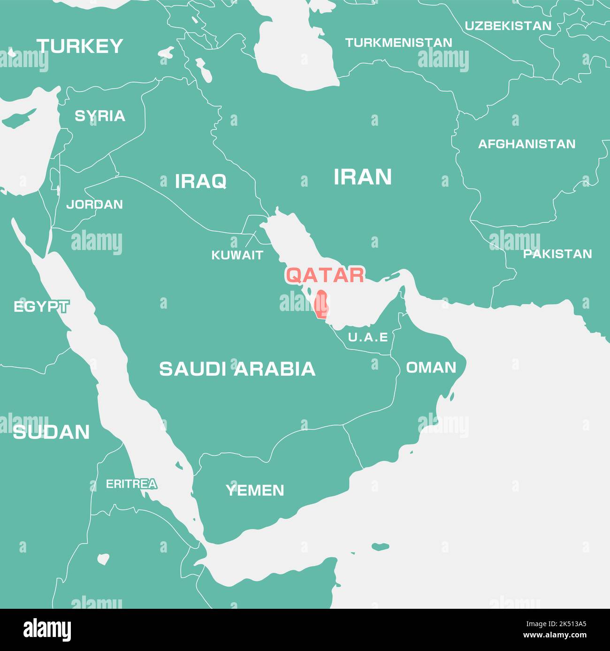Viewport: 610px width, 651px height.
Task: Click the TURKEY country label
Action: (80, 46)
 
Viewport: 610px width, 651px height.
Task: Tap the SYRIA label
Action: (100, 116)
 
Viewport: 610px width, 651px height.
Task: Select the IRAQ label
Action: (200, 181)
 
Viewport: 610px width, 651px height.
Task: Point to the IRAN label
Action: (362, 177)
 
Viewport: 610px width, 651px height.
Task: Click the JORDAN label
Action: (94, 204)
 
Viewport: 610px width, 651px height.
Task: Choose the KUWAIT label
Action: (237, 255)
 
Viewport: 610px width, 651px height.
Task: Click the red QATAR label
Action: (325, 275)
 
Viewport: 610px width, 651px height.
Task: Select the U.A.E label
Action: (368, 337)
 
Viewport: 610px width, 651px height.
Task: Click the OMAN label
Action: (431, 367)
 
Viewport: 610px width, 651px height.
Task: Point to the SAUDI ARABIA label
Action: (237, 369)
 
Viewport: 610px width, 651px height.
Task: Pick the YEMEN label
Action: (255, 491)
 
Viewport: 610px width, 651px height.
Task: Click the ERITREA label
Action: (131, 484)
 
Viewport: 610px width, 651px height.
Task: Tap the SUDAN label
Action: (51, 432)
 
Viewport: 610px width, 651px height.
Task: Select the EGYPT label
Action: (41, 307)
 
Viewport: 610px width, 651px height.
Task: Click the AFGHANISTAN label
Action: (526, 144)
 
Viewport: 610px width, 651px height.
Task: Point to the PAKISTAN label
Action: (557, 254)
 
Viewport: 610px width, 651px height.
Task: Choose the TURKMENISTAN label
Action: (398, 43)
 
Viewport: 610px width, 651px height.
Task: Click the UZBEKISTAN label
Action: (508, 26)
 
